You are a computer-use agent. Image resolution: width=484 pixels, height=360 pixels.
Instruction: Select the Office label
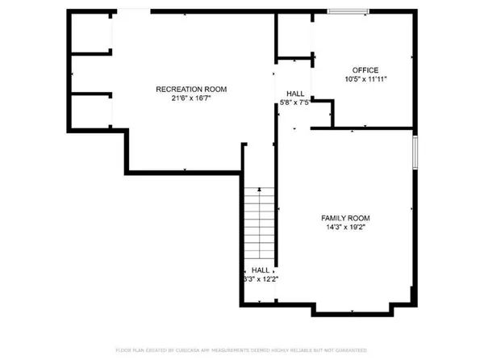pos(365,70)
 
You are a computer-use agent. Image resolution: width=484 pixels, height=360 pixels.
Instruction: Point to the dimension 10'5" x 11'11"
pos(365,80)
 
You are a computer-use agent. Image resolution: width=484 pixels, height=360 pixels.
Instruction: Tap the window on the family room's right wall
pos(415,153)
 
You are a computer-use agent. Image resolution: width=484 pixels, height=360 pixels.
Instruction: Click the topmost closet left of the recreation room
pos(90,32)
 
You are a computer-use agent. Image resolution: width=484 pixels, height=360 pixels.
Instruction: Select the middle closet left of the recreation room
pos(90,74)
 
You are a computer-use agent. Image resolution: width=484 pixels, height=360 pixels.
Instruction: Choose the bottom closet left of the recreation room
pos(90,111)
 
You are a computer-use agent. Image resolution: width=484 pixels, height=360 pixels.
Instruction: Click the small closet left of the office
pos(294,36)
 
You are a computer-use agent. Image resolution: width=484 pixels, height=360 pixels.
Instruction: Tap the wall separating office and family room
pos(363,128)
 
